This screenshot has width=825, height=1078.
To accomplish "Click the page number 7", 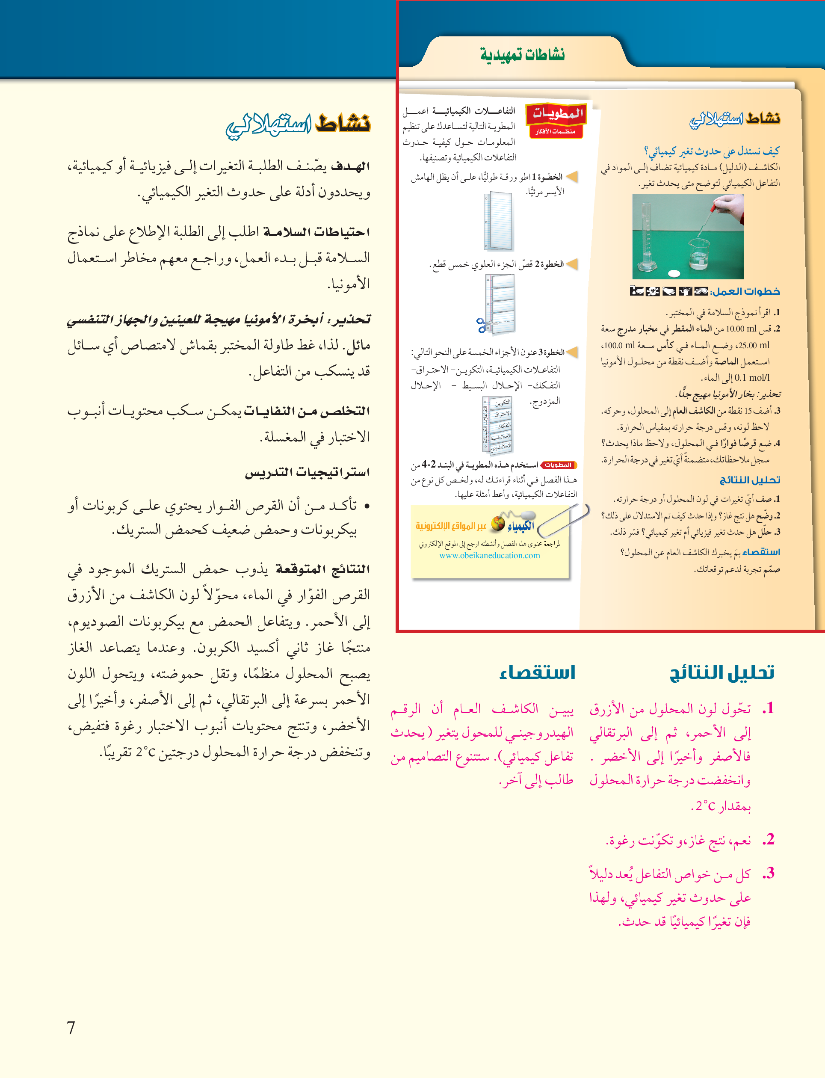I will pos(71,1027).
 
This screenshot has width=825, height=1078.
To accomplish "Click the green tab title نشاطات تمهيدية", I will pos(523,54).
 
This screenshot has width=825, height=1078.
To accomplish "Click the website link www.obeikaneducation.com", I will pos(490,555).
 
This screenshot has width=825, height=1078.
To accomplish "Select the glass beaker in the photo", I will pos(699,254).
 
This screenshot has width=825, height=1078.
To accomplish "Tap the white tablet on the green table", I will pos(675,273).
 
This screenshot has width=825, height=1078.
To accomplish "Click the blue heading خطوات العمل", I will pos(745,291).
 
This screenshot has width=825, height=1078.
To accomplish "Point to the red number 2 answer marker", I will pos(769,839).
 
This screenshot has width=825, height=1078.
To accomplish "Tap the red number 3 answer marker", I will pos(769,873).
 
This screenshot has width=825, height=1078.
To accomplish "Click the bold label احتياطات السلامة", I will pos(317,232).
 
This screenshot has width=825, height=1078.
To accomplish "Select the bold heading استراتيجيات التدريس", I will pos(308,472).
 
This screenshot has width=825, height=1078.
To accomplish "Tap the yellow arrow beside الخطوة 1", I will pos(572,176).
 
